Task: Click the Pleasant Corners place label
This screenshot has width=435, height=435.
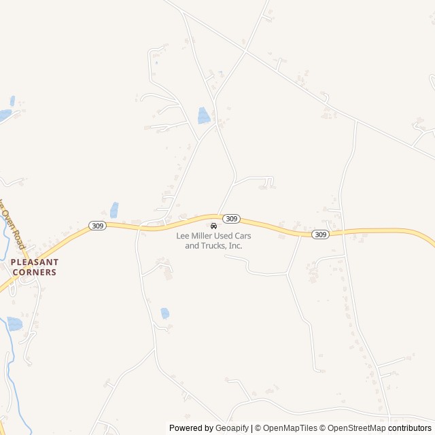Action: click(x=34, y=266)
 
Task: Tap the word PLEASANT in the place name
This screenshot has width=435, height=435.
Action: click(x=34, y=262)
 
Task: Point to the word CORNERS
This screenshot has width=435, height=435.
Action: click(x=34, y=272)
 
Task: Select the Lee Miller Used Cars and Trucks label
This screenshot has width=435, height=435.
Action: click(x=213, y=240)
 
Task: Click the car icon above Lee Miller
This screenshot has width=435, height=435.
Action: click(x=213, y=226)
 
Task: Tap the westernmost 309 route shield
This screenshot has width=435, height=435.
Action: click(x=97, y=225)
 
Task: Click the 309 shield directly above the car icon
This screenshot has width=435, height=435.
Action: click(x=231, y=218)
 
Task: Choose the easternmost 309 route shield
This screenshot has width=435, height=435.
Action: click(x=321, y=234)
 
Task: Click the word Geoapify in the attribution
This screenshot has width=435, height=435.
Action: click(x=232, y=428)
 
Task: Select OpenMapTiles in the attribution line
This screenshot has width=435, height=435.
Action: click(x=290, y=428)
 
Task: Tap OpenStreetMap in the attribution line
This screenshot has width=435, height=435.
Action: click(x=357, y=428)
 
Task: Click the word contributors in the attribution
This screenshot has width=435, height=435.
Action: click(x=410, y=428)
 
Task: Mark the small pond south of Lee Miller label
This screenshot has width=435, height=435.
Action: click(x=165, y=313)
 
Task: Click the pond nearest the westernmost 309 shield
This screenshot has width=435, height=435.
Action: click(x=114, y=210)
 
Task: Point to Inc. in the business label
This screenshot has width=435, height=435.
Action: click(x=235, y=245)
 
